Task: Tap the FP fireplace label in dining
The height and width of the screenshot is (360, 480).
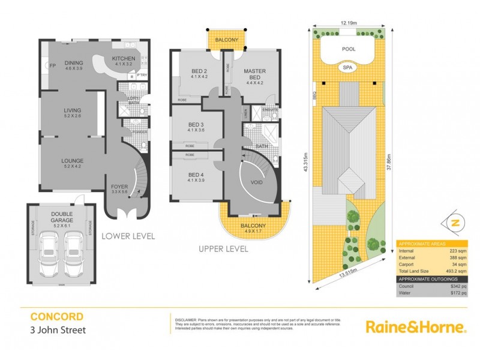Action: point(52,65)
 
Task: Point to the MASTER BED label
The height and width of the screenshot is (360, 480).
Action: point(254,75)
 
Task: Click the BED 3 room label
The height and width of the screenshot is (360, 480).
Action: point(197,125)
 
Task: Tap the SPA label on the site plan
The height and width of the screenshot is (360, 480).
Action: point(348,68)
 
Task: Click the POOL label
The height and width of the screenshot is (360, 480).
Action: point(348,50)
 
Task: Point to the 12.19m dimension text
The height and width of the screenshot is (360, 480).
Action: point(349,23)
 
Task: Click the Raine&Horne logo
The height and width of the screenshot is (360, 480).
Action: point(416,328)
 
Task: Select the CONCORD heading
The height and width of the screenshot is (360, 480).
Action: point(57,316)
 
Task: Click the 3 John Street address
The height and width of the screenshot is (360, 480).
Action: point(57,329)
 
